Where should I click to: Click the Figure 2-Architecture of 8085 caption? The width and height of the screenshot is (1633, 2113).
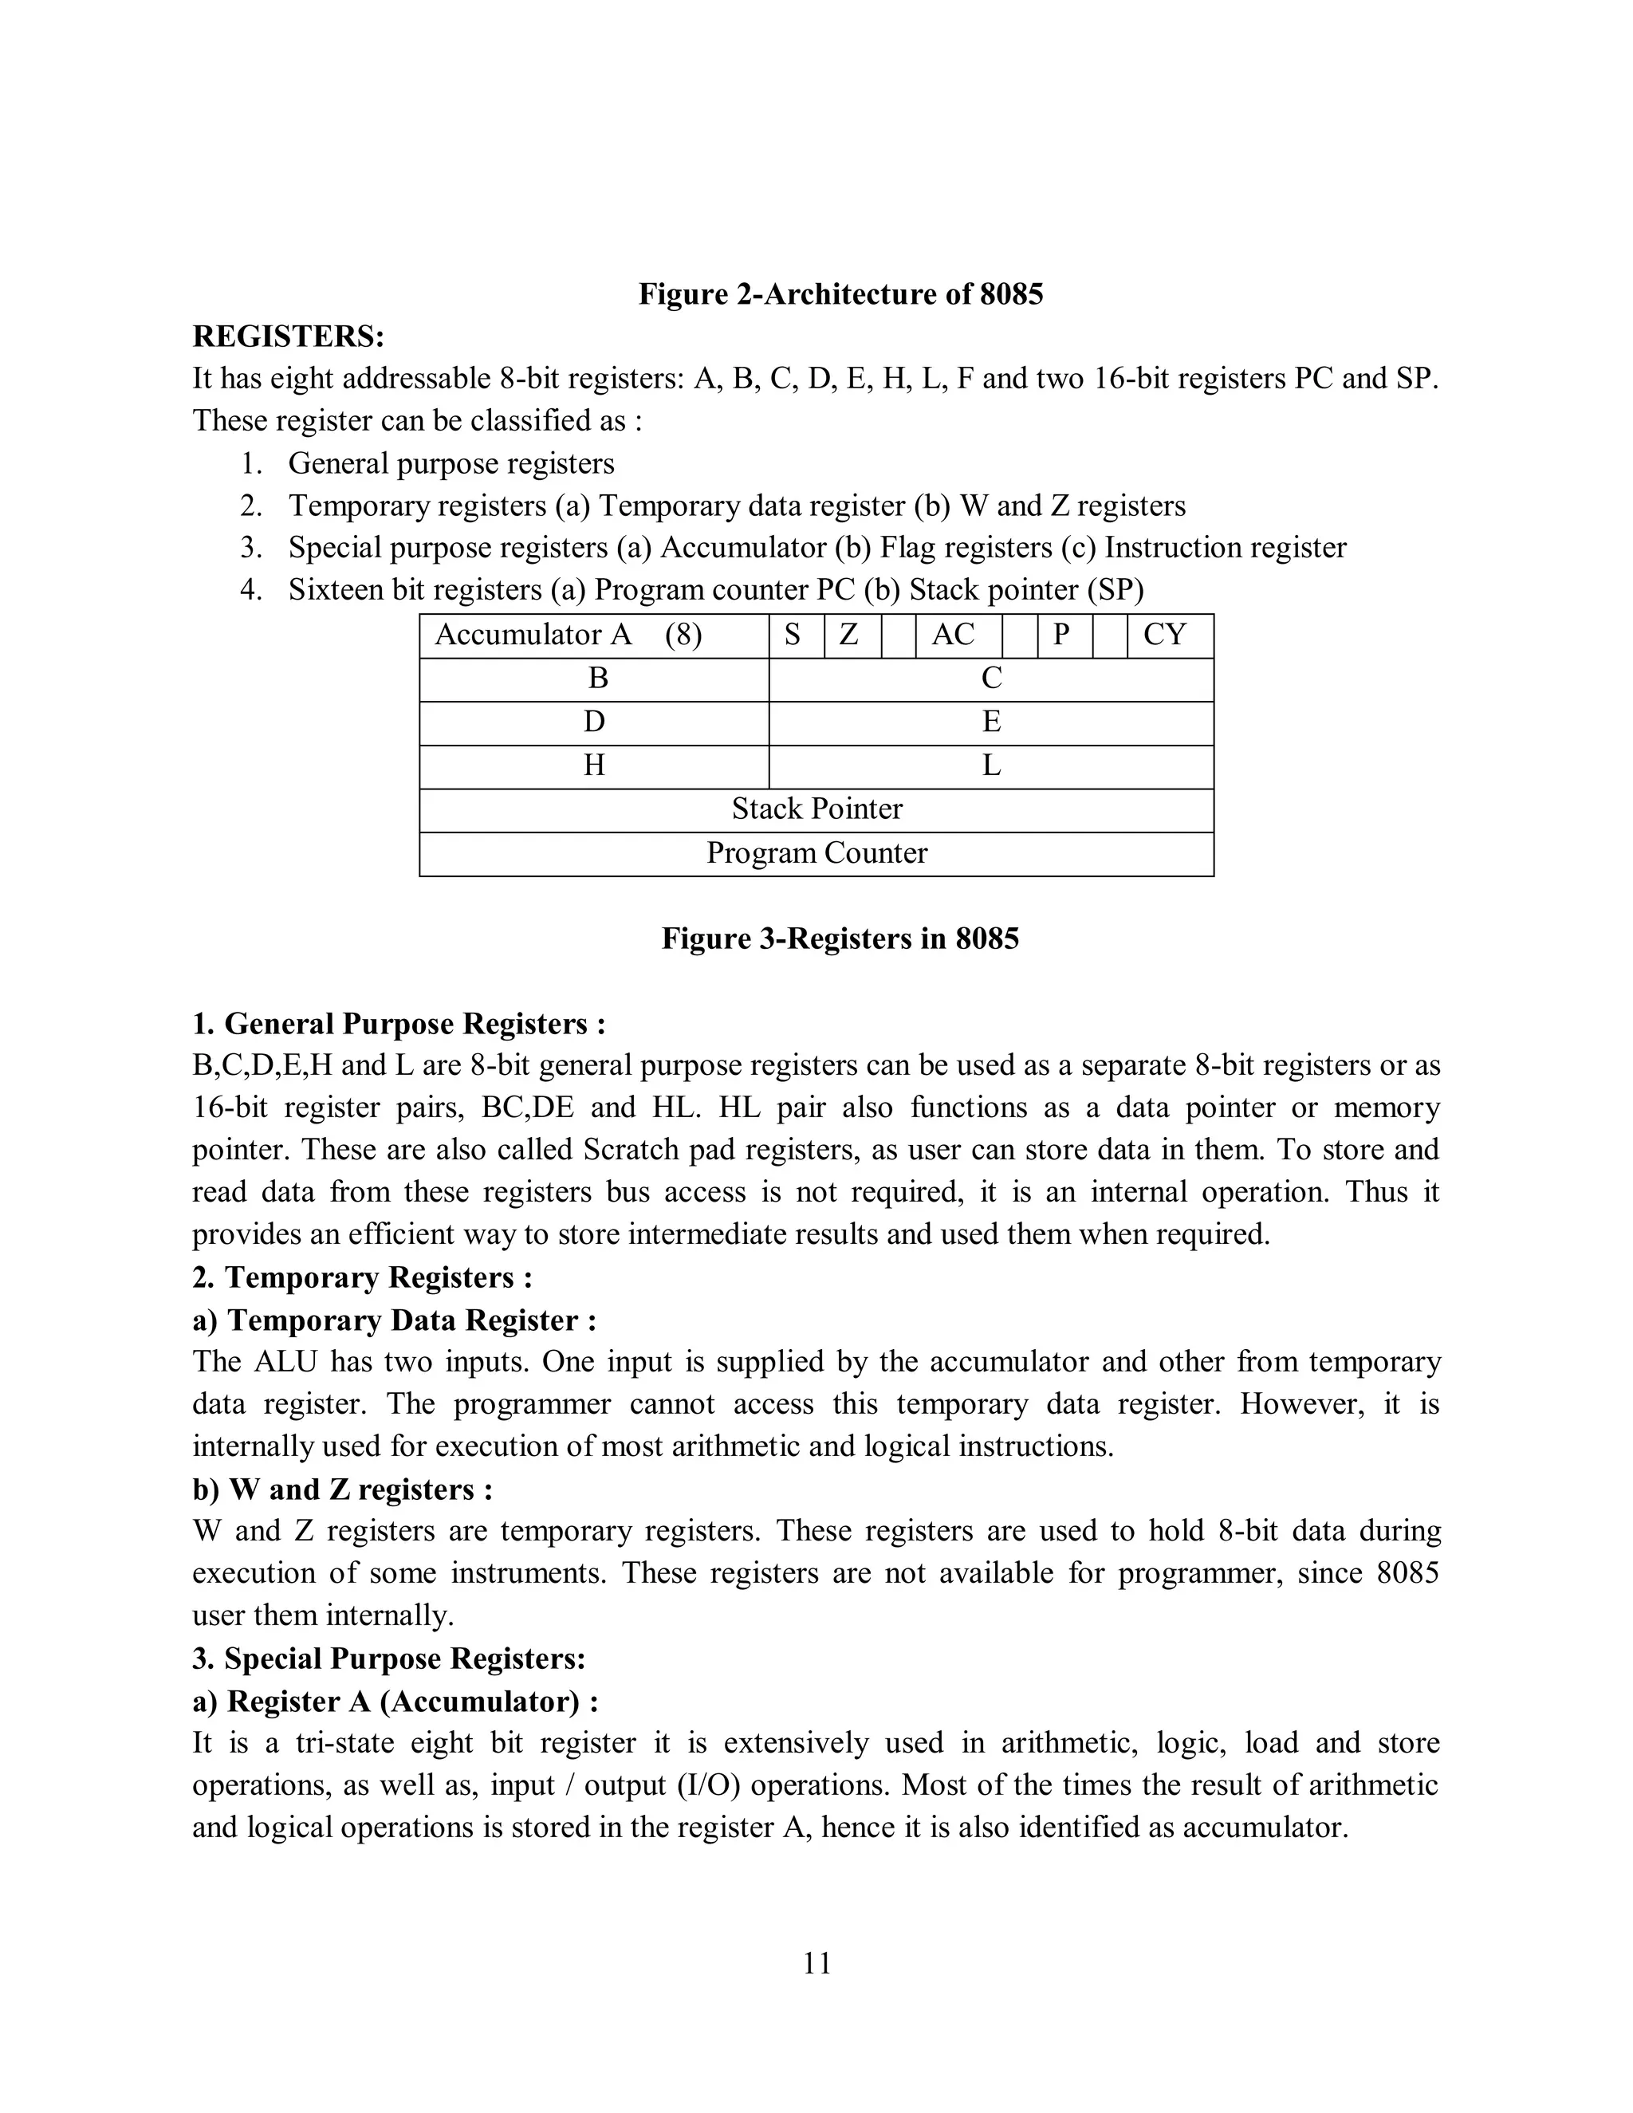point(840,294)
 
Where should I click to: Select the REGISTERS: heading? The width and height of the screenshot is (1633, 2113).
point(289,336)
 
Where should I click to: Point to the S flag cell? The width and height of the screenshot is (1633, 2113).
point(795,635)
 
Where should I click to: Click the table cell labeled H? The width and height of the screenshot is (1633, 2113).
point(593,766)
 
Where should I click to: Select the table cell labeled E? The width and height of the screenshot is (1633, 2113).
point(990,722)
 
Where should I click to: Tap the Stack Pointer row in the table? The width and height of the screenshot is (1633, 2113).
point(816,810)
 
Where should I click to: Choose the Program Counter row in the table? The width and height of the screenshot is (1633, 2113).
point(816,853)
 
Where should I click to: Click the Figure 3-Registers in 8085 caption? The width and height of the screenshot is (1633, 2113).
point(840,938)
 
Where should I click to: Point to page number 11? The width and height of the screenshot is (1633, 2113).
point(816,1964)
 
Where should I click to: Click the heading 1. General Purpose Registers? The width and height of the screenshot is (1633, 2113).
point(399,1024)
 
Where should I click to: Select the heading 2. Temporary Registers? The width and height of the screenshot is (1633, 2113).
point(362,1278)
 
